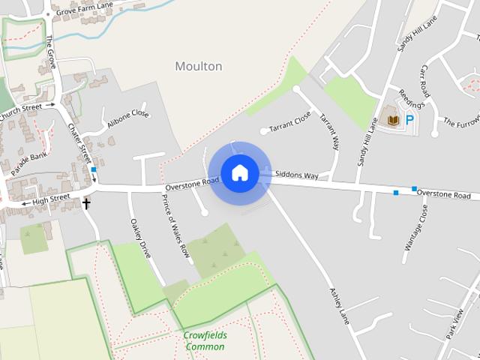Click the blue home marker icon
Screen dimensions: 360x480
pos(239,172)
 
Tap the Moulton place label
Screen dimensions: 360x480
pos(199,66)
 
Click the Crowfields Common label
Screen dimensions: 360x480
pos(205,340)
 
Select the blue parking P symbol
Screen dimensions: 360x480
pos(410,118)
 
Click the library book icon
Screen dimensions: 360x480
pos(391,118)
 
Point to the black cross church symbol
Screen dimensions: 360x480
pos(86,203)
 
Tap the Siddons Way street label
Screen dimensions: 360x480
pos(297,175)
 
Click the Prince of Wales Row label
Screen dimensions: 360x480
pos(175,226)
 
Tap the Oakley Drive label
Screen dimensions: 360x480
pos(141,238)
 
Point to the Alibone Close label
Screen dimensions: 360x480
pos(128,118)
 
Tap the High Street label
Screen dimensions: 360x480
pos(51,199)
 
